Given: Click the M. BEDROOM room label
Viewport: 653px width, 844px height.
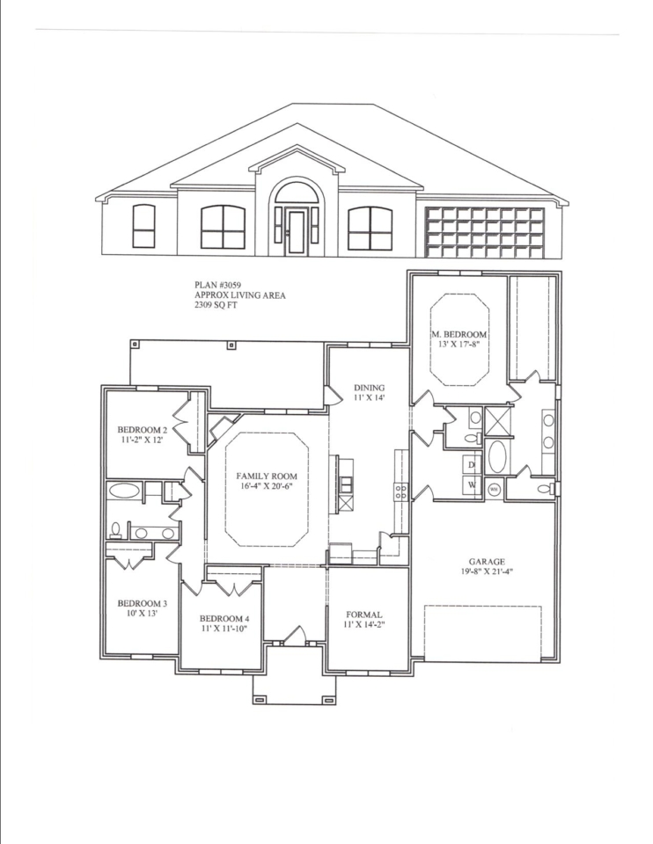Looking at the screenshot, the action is tap(459, 334).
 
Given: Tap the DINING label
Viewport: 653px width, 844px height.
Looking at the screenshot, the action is tap(369, 388).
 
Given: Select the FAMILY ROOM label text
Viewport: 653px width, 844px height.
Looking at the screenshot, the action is tap(266, 476).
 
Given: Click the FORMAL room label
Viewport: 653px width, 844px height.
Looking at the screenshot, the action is tap(364, 615).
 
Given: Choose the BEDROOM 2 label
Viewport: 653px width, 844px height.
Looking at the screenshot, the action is tap(143, 430).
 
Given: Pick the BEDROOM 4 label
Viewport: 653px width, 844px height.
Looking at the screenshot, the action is tap(224, 618).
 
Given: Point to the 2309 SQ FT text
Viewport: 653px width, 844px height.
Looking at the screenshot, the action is tap(216, 305).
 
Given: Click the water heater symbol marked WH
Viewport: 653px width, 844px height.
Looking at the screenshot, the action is tap(494, 490).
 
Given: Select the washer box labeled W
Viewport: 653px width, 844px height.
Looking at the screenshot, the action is tap(472, 484).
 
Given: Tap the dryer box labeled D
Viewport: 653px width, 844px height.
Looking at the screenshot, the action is tap(472, 464).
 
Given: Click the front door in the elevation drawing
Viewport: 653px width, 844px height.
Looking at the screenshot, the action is tap(296, 232).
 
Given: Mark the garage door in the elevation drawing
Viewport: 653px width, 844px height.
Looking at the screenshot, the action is tap(484, 232).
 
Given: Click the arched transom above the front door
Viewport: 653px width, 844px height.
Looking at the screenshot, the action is tap(296, 194).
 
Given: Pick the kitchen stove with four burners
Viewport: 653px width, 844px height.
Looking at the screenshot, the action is tap(401, 491).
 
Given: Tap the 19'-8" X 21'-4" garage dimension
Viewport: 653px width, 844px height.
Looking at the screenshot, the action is tap(487, 572).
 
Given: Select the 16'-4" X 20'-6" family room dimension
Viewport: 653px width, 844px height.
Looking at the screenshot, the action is tap(266, 485).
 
